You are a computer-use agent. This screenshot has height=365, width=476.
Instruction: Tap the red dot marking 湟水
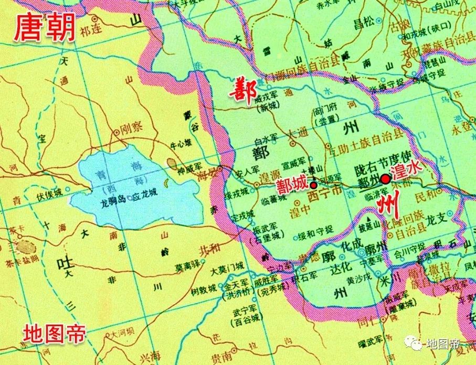[385, 179]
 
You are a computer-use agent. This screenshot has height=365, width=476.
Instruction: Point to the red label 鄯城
[293, 185]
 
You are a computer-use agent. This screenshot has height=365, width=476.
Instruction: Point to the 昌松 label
[365, 23]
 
